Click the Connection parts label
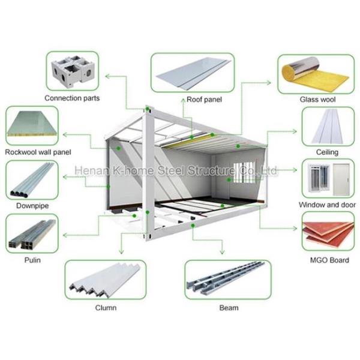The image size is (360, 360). point(73,98)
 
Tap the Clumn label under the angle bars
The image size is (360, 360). point(106,308)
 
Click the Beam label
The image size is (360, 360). point(229,308)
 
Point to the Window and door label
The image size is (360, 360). point(328,205)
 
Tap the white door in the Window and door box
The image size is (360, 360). point(341,177)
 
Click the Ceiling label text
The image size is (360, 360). point(328,152)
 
